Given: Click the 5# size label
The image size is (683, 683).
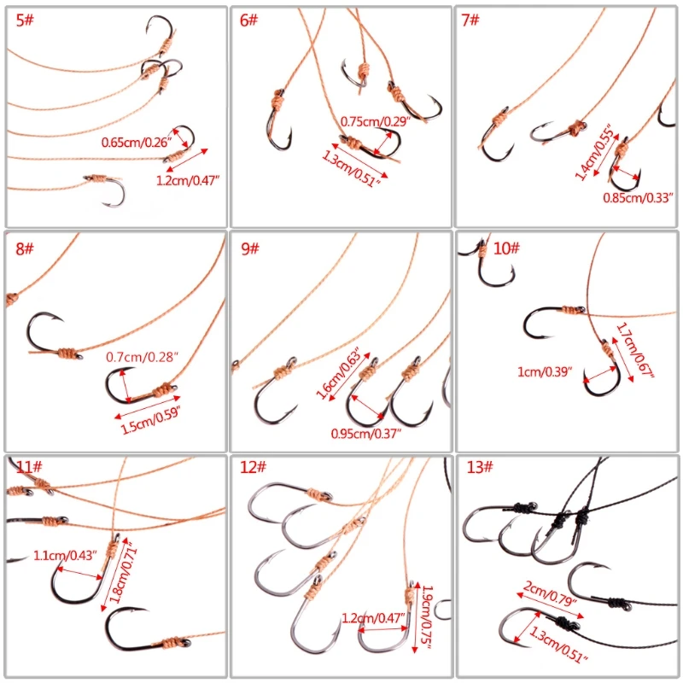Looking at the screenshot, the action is [x=25, y=20].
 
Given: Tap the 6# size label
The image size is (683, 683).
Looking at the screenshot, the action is [x=248, y=20].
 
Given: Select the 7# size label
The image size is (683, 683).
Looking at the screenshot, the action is [x=470, y=20].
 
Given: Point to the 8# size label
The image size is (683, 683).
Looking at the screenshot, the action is [x=25, y=248].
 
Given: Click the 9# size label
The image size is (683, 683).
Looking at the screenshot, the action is [x=250, y=248].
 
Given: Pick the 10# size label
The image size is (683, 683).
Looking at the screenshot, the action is [x=506, y=248].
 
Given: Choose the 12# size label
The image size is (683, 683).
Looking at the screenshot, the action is [x=253, y=467].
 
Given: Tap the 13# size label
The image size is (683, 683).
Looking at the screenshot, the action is [x=480, y=467].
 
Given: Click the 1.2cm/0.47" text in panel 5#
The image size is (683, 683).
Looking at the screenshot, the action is [x=188, y=180].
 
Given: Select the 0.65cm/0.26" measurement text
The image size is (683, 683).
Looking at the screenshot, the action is [x=137, y=142].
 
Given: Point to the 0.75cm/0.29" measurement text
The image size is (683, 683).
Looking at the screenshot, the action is [x=376, y=121].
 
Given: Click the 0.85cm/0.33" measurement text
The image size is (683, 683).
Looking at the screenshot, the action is [x=638, y=198].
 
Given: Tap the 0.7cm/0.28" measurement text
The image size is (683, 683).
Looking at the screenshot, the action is [x=142, y=357].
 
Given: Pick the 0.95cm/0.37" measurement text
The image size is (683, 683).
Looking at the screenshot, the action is [x=366, y=434].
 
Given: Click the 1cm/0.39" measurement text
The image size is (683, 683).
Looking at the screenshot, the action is [x=545, y=371].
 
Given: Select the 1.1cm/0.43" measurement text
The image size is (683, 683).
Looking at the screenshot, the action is [x=65, y=556].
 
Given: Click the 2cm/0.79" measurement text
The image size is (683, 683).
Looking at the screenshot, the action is [x=550, y=593].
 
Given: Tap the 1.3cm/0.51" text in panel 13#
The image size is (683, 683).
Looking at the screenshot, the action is [x=558, y=645].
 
